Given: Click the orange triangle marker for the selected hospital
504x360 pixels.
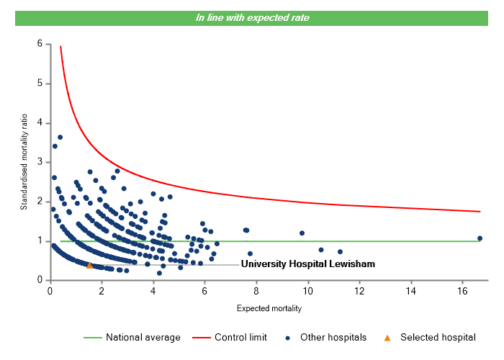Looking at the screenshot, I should pos(89,265).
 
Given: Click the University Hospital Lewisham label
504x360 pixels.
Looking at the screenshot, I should pos(307,264).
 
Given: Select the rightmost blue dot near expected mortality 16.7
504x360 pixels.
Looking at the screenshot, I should pos(480,238).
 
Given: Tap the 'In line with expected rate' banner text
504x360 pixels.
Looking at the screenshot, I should pos(252,17).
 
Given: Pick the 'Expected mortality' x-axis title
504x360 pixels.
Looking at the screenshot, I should pos(269,309).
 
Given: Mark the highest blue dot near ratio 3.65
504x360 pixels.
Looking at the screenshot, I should pos(60,137).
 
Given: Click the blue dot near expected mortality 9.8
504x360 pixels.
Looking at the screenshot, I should pos(302,233).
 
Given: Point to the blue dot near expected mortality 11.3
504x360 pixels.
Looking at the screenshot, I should pos(340,252).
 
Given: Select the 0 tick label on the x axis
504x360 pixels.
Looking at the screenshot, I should pos(50,292).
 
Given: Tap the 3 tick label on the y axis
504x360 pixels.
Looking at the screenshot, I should pos(40,162).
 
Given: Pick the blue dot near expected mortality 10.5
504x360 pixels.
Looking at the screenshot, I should pos(321,250).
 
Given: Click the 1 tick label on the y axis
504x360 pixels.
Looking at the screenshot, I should pos(40,241).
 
